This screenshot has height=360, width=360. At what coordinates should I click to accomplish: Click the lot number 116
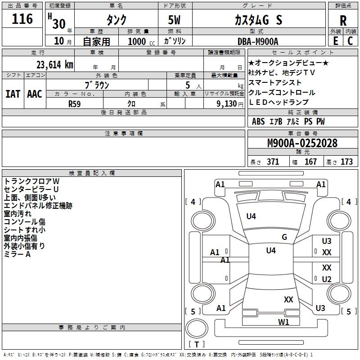click(x=22, y=19)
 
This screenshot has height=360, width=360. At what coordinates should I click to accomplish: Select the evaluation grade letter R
click(x=343, y=21)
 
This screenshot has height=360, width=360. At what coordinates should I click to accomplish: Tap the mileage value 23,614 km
click(x=54, y=65)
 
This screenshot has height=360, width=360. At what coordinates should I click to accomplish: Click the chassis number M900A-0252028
click(x=302, y=143)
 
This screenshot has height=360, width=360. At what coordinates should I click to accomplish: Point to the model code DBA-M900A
click(x=258, y=41)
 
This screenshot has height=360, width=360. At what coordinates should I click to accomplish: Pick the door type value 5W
click(x=174, y=20)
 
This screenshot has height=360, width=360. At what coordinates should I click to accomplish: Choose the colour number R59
click(x=74, y=104)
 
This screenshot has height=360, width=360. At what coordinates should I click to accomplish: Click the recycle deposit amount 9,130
click(x=226, y=103)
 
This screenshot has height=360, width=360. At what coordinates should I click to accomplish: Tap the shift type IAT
click(x=13, y=94)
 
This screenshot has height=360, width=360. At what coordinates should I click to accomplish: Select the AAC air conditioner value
click(x=35, y=94)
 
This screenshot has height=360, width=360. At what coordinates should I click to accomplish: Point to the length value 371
click(x=273, y=162)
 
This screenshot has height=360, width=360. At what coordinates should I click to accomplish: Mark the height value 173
click(x=346, y=162)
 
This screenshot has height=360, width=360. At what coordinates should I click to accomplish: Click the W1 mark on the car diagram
click(x=283, y=322)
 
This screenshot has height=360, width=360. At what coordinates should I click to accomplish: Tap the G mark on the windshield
click(x=284, y=237)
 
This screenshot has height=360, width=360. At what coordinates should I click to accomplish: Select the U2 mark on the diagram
click(x=327, y=279)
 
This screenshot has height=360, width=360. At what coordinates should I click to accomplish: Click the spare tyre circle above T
click(x=197, y=328)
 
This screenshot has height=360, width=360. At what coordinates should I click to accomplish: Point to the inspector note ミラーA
click(x=17, y=254)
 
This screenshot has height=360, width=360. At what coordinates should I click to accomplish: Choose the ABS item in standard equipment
click(x=258, y=121)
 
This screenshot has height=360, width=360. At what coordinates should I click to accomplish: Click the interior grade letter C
click(x=350, y=41)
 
